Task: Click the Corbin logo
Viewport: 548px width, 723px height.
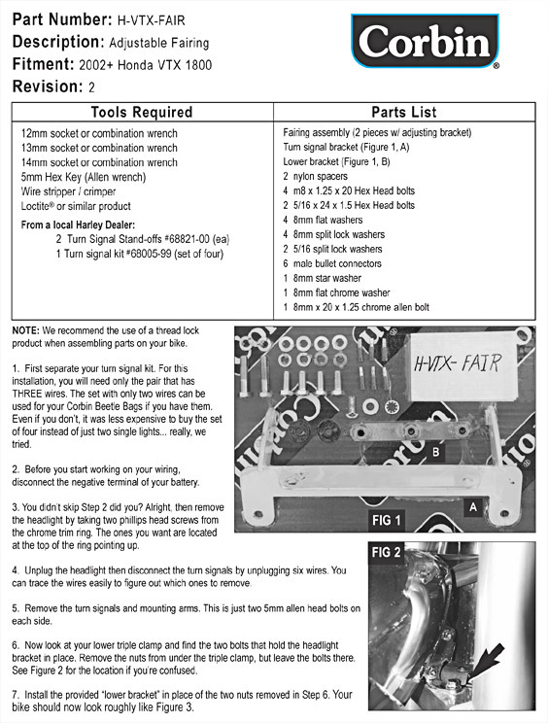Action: (425, 42)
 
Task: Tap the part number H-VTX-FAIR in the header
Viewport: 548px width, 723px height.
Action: (152, 20)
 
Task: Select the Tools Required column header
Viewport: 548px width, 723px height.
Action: (142, 112)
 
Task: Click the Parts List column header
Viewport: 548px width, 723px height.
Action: (404, 112)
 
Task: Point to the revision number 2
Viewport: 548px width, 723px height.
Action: (91, 87)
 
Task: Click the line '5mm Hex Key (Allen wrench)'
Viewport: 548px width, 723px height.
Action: (84, 177)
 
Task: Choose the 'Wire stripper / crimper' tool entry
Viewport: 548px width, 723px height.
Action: (68, 191)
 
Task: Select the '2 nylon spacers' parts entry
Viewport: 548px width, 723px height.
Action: (315, 176)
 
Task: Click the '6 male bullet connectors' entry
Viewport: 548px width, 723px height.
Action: (332, 263)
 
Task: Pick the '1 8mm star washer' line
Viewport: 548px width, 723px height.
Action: (323, 278)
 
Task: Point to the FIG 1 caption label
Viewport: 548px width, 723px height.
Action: (387, 520)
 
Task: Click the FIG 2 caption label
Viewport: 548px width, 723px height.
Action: (387, 552)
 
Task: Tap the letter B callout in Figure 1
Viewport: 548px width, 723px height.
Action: (435, 452)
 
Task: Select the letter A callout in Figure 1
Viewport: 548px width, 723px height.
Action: (473, 507)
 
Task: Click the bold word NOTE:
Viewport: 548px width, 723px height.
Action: (26, 330)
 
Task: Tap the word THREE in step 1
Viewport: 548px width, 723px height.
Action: (27, 394)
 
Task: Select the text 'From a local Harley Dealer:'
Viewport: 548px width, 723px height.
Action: (78, 225)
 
